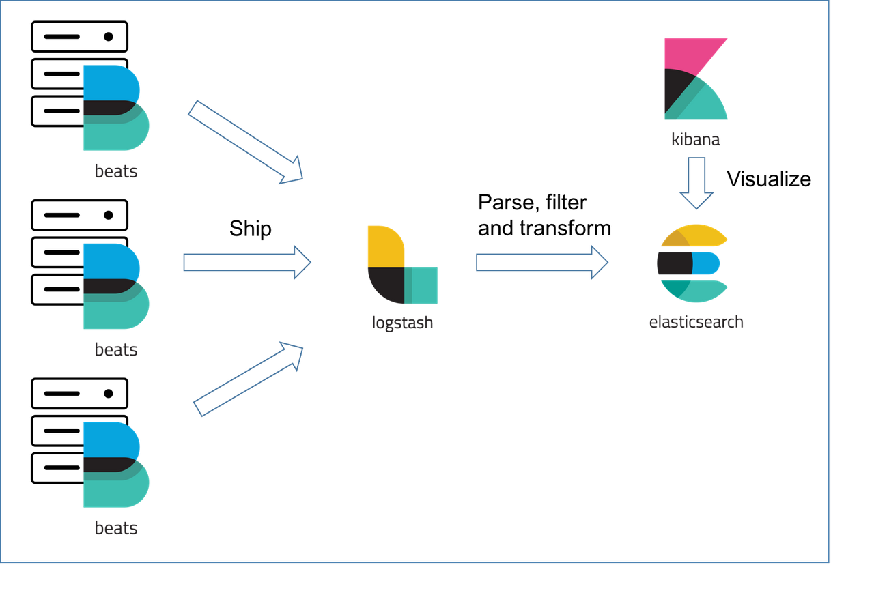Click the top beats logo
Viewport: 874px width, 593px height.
[x=115, y=107]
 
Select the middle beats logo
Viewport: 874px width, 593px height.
[x=115, y=286]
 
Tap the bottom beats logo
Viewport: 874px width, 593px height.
[x=115, y=465]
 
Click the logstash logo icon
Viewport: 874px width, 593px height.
[x=402, y=264]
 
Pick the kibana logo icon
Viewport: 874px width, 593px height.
[x=694, y=79]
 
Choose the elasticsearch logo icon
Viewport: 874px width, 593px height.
[x=692, y=263]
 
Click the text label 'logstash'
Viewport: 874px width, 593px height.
[x=402, y=322]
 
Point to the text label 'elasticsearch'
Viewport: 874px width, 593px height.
[x=696, y=321]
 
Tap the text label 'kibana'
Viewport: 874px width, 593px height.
[x=695, y=140]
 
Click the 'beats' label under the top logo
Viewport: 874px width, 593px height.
[x=116, y=171]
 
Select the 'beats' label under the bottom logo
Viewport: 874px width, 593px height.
[x=116, y=527]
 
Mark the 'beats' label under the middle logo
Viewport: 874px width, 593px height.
[x=116, y=349]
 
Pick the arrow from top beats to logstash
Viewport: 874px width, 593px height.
[x=246, y=141]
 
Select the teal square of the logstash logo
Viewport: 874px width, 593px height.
[x=423, y=285]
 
